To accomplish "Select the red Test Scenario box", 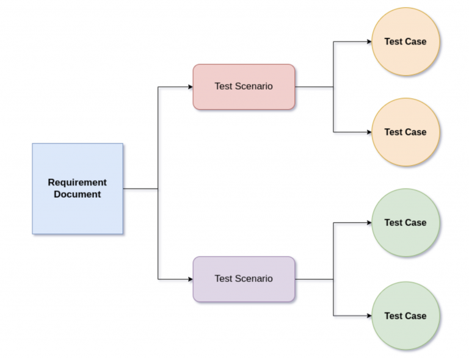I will (244, 87).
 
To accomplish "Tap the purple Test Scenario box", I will (244, 279).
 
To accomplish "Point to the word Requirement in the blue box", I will (78, 182).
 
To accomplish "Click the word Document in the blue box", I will (78, 195).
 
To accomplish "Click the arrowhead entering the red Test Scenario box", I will (190, 87).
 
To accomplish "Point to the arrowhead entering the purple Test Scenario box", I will (190, 279).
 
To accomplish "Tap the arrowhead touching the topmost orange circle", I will (369, 41).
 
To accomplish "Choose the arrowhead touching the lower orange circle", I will (369, 132).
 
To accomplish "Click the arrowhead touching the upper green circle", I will (369, 223).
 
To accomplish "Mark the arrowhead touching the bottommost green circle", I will (369, 315).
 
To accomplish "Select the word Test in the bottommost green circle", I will (393, 316).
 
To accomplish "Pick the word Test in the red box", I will (224, 87).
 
